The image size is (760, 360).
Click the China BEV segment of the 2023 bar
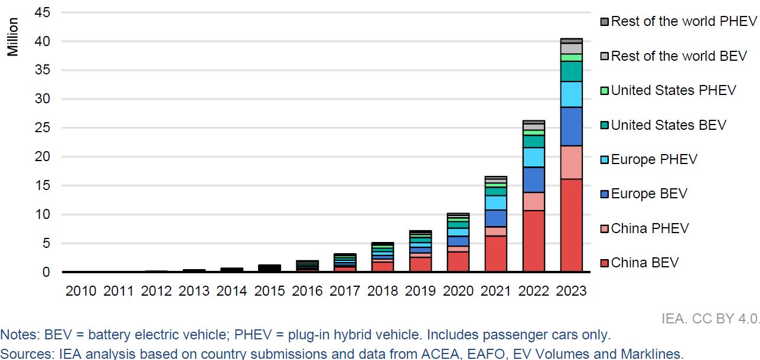pyautogui.click(x=571, y=225)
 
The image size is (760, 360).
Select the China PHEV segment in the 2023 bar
pyautogui.click(x=571, y=162)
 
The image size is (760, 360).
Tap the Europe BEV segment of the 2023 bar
pyautogui.click(x=571, y=126)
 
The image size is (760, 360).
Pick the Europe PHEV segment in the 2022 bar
pyautogui.click(x=534, y=157)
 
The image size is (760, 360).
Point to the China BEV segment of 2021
pyautogui.click(x=496, y=254)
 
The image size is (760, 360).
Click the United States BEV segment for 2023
pyautogui.click(x=571, y=71)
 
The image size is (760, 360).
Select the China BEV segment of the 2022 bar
pyautogui.click(x=534, y=241)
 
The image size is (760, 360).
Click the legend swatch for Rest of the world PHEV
pyautogui.click(x=604, y=22)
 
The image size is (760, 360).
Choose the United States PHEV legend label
pyautogui.click(x=673, y=90)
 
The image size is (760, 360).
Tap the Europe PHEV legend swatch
pyautogui.click(x=604, y=159)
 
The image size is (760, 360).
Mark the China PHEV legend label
pyautogui.click(x=650, y=228)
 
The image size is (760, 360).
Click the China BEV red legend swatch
pyautogui.click(x=604, y=263)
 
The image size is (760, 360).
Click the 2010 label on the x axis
pyautogui.click(x=80, y=291)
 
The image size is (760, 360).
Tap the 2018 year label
pyautogui.click(x=383, y=291)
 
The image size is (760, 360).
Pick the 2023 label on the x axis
pyautogui.click(x=571, y=291)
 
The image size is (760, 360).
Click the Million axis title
pyautogui.click(x=13, y=37)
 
